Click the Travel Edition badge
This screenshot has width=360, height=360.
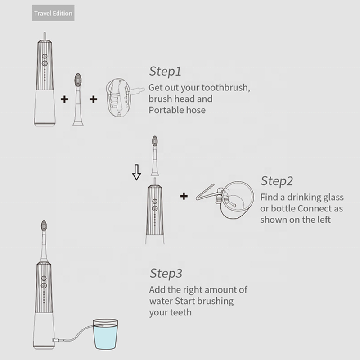[x=53, y=13]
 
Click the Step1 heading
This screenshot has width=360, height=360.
[x=165, y=71]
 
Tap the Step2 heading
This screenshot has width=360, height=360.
[x=277, y=181]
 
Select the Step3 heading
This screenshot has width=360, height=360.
[x=166, y=273]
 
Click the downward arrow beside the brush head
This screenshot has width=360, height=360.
[x=136, y=172]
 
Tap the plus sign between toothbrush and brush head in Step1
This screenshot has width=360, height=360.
[x=64, y=99]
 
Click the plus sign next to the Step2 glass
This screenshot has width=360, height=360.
[x=184, y=196]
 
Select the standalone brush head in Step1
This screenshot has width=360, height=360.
[x=78, y=99]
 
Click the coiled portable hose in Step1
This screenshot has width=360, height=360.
[x=124, y=97]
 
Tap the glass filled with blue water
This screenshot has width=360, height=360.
[x=105, y=334]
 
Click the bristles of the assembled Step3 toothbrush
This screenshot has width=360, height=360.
[x=44, y=226]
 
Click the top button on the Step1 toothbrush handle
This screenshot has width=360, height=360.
[x=45, y=56]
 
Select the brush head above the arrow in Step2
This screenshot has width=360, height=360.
[x=155, y=156]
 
